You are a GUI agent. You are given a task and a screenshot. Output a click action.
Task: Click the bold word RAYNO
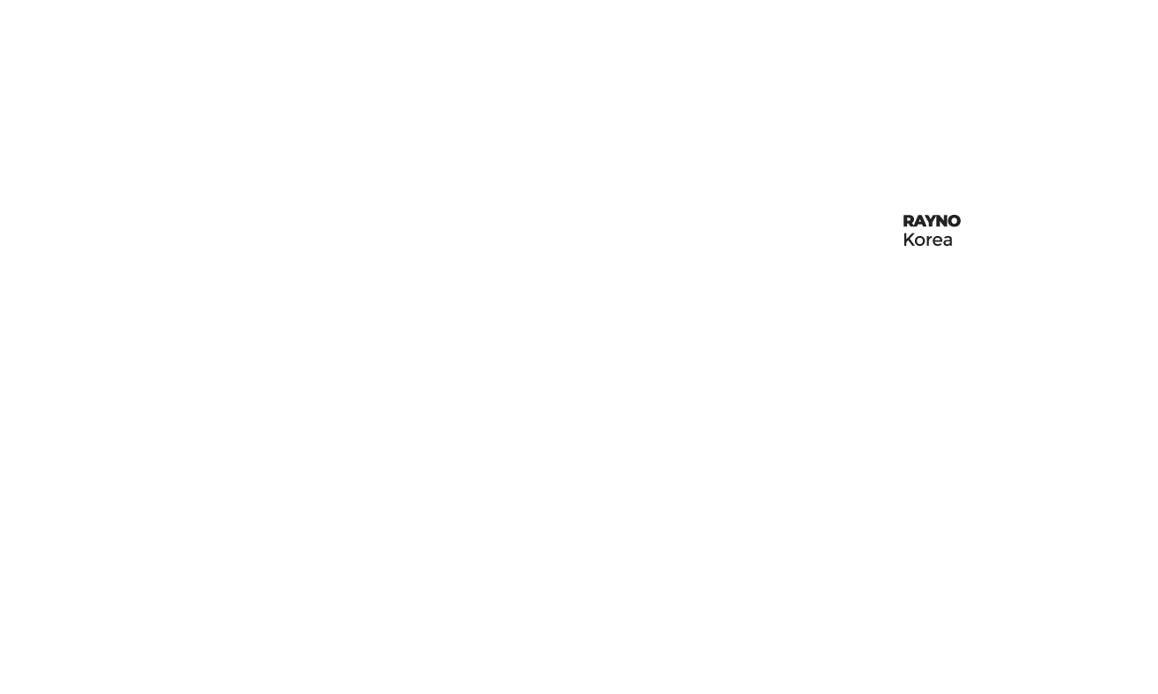tap(932, 221)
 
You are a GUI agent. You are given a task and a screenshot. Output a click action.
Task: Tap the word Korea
tap(927, 240)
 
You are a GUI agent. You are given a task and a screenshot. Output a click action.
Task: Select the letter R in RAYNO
tap(909, 221)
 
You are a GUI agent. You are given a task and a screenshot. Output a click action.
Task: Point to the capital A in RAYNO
tap(919, 221)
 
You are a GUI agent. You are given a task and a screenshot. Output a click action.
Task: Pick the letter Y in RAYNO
tap(930, 221)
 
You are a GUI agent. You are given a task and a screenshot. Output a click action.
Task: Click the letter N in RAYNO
tap(941, 221)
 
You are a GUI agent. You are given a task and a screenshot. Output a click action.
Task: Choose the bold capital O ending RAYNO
tap(954, 221)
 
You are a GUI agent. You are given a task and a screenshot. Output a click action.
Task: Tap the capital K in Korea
tap(909, 240)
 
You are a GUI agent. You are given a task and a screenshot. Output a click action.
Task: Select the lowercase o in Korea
tap(919, 241)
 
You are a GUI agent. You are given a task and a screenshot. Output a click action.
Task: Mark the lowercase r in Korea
tap(928, 241)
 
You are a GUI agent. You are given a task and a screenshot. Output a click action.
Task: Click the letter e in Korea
tap(936, 241)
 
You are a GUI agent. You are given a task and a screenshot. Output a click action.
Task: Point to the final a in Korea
tap(947, 241)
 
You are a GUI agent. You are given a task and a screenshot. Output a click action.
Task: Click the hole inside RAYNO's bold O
tap(954, 221)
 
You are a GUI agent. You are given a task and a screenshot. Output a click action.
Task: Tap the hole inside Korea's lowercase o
tap(919, 241)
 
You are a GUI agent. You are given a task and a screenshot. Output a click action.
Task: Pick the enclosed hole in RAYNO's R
tap(910, 220)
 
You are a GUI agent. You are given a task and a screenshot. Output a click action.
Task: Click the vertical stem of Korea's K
tap(904, 240)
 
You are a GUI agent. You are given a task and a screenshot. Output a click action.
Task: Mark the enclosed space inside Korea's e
tap(936, 240)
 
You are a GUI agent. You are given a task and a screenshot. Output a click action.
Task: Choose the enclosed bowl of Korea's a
tap(947, 244)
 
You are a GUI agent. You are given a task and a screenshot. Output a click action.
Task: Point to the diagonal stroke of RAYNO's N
tap(941, 221)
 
